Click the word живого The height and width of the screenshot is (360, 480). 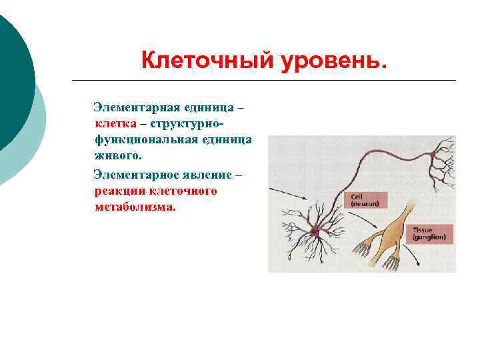[x=118, y=156]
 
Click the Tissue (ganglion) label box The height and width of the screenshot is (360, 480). [x=432, y=233]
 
